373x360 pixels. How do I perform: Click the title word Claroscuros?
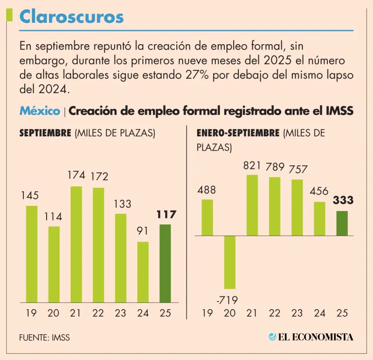(71, 17)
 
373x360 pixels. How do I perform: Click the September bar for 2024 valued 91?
(143, 272)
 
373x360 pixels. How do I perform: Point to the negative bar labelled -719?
(229, 262)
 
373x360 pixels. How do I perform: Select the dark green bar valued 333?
(342, 224)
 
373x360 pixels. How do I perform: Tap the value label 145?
(30, 196)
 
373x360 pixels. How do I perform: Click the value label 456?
(319, 191)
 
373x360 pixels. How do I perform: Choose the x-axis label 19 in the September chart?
(31, 313)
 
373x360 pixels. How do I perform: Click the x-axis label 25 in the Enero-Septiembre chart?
(342, 313)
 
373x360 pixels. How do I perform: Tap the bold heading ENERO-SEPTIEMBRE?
(238, 132)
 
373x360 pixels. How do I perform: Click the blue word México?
(40, 111)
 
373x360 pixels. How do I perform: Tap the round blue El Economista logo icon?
(273, 337)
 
